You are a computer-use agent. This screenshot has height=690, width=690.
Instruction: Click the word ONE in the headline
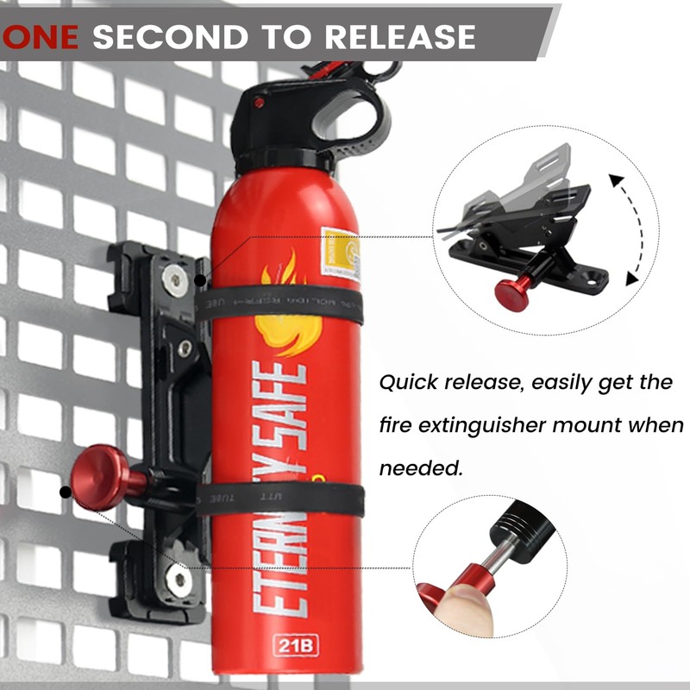click(x=43, y=36)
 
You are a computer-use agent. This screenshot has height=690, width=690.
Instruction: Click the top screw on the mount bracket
click(x=175, y=278)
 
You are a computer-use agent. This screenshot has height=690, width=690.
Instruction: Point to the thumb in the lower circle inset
click(x=461, y=607)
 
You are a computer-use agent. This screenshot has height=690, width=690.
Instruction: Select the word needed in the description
click(x=421, y=467)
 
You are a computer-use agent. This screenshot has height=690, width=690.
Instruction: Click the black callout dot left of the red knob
click(x=66, y=492)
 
